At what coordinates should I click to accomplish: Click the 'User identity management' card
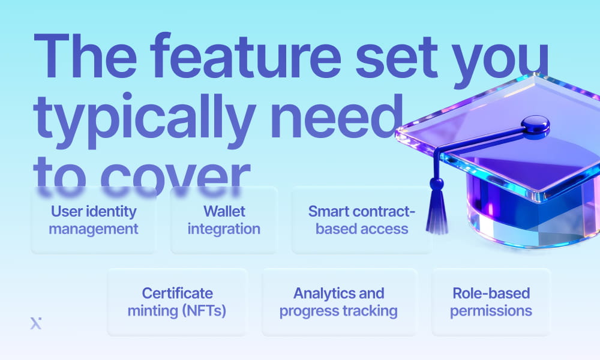point(94,220)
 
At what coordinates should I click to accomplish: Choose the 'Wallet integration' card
point(224,220)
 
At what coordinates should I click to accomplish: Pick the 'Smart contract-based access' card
point(361,220)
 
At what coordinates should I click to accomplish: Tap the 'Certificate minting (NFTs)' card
point(177,302)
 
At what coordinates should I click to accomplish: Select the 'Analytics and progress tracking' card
point(339,302)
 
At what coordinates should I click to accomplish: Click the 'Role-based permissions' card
point(491,302)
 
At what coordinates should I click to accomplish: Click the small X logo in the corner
point(35,324)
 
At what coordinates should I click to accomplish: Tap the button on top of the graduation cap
point(535,125)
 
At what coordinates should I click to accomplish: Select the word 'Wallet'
point(224,211)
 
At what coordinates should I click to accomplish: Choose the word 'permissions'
point(491,311)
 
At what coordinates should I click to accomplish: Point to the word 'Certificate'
point(177,293)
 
